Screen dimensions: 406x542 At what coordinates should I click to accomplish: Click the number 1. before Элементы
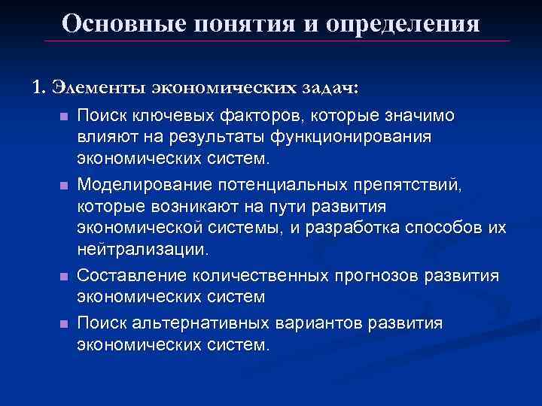coord(38,87)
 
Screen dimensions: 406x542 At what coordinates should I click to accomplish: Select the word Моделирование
coord(142,184)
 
